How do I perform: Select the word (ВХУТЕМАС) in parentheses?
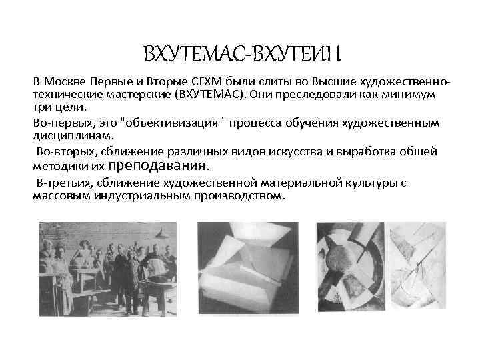(207, 94)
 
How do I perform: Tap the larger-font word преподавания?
(158, 165)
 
